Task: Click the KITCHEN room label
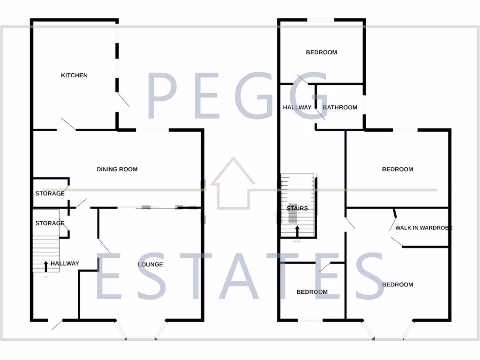(x=74, y=75)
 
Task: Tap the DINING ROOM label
(x=117, y=169)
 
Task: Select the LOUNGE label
(x=150, y=264)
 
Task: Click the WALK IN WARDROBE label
(x=424, y=228)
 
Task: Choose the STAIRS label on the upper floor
(x=297, y=208)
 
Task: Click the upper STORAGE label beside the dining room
(x=50, y=194)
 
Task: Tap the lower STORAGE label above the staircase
(x=50, y=223)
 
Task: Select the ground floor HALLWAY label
(x=65, y=263)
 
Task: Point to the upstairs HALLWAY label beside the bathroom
(x=297, y=107)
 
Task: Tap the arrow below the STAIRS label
(x=297, y=231)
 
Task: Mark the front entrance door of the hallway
(x=56, y=323)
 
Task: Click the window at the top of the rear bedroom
(x=321, y=20)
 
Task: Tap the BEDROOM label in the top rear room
(x=322, y=52)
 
